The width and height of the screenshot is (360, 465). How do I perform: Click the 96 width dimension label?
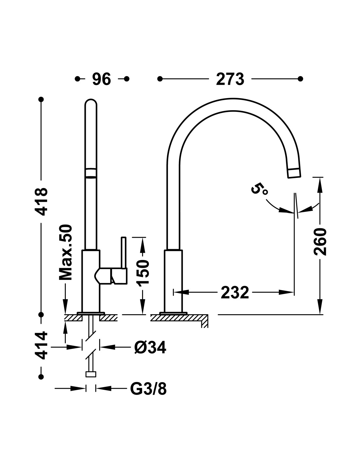(x=101, y=79)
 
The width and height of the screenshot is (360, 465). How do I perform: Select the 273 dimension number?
(x=230, y=79)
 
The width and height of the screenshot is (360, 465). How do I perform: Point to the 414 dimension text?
(x=41, y=345)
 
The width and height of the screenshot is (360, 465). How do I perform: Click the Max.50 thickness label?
(x=65, y=252)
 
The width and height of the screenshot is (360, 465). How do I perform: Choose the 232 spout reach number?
(x=235, y=292)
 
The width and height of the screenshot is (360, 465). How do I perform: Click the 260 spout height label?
(x=320, y=242)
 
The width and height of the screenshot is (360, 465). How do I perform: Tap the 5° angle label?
(x=259, y=189)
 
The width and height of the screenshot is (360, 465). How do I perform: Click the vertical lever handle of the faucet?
(x=124, y=252)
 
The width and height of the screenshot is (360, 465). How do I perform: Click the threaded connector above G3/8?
(x=91, y=374)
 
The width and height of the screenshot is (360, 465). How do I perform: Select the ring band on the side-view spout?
(x=91, y=173)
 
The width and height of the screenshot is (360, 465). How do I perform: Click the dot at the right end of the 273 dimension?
(x=300, y=79)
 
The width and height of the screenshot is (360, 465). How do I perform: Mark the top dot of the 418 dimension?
(x=41, y=99)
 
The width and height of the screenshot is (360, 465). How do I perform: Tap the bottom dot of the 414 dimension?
(x=41, y=377)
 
